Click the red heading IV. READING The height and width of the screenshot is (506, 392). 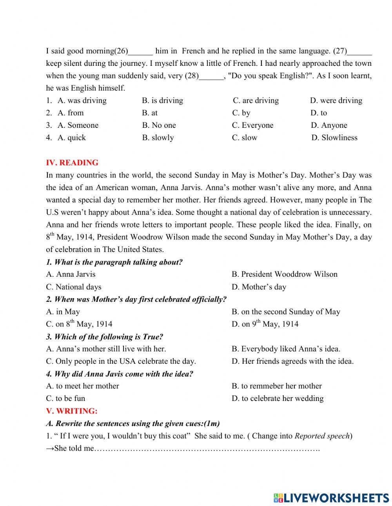[x=72, y=163]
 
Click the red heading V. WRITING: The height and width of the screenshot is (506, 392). [x=72, y=411]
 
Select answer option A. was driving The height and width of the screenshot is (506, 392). [x=82, y=101]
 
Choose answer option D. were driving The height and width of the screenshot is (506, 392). [x=336, y=101]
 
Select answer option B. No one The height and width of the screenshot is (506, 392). [x=159, y=125]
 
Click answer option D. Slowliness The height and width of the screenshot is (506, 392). [x=334, y=138]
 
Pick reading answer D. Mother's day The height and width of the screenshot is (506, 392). [x=259, y=287]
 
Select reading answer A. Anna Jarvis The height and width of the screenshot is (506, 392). [x=71, y=274]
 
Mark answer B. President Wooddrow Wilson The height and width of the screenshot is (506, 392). [x=284, y=274]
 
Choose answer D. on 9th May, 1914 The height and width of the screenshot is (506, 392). [x=265, y=324]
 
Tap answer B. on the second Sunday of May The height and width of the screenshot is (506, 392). [x=286, y=312]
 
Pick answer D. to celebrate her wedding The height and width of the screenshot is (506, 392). [x=278, y=399]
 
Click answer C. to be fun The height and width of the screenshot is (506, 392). [x=65, y=399]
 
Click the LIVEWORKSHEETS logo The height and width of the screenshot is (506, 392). [x=331, y=498]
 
